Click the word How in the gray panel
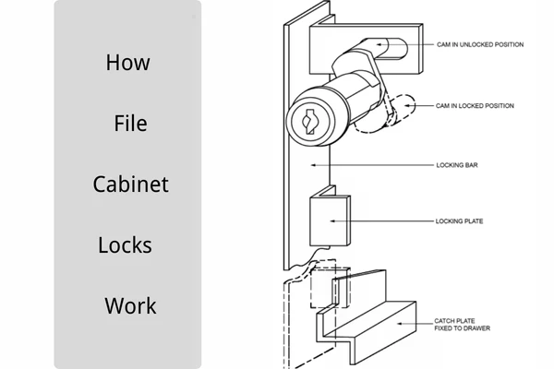[127, 64]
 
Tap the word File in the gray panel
[130, 123]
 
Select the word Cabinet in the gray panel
[130, 184]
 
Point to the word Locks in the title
[125, 245]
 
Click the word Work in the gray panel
[130, 305]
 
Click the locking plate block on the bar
[328, 219]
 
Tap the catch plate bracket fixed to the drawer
[369, 318]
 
